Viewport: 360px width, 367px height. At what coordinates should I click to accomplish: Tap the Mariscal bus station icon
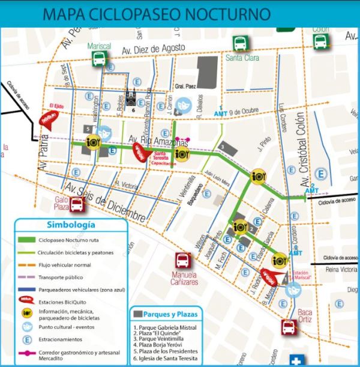(x=99, y=58)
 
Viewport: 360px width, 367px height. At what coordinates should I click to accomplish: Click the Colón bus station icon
(x=319, y=41)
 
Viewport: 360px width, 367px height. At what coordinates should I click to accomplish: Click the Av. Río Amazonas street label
(x=159, y=140)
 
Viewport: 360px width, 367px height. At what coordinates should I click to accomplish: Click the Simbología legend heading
(x=70, y=225)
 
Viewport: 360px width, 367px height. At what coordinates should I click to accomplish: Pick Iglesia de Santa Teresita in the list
(x=165, y=359)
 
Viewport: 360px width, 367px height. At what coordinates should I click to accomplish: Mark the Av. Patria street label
(x=43, y=157)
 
